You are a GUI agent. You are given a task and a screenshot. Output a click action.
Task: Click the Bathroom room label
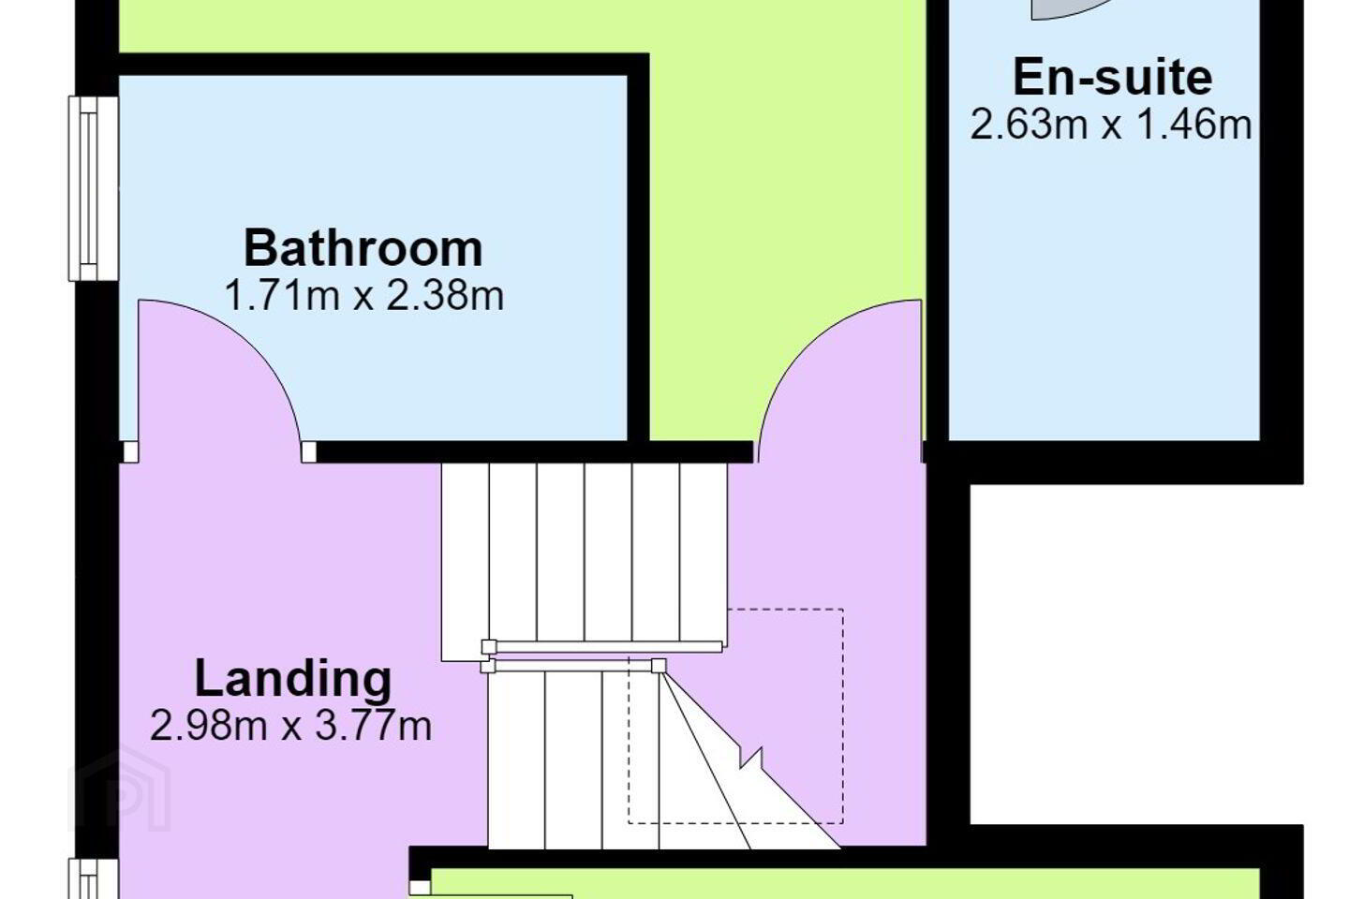point(363,247)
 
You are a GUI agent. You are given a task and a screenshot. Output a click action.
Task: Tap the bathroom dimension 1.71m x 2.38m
point(363,296)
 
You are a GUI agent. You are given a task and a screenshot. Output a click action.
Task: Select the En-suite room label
point(1112,78)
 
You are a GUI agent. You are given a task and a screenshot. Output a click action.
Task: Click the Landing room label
point(293,679)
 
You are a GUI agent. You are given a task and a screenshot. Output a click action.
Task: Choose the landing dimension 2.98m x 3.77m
point(290,726)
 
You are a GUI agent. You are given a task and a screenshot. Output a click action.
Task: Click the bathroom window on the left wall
point(94,188)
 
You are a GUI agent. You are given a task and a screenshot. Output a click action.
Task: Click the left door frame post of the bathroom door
point(131,451)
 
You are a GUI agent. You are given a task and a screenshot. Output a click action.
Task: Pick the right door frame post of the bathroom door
point(308,451)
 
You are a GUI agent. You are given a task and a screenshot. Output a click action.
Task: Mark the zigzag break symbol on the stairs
point(751,759)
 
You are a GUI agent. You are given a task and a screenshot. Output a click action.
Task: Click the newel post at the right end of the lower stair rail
point(659,666)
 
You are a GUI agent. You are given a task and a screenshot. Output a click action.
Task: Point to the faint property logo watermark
point(121,788)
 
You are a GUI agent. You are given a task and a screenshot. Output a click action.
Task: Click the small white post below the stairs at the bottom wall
point(420,887)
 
